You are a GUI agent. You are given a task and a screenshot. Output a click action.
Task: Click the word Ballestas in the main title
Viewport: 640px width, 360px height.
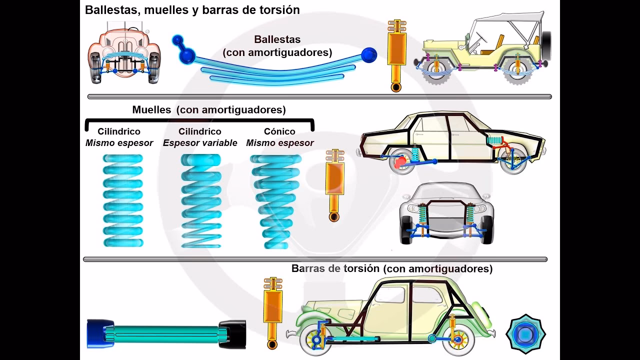coord(110,10)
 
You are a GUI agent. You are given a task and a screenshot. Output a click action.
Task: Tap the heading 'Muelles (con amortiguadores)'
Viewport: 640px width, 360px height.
coord(209,110)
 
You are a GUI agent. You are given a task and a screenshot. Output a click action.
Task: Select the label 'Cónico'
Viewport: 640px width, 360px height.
coord(279,131)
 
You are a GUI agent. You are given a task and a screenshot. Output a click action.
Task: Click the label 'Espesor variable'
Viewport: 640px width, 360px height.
coord(200,143)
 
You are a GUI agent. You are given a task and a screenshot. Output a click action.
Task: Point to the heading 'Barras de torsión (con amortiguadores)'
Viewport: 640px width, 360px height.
coord(391,269)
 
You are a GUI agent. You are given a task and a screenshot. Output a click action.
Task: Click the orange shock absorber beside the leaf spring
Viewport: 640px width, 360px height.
coord(396,55)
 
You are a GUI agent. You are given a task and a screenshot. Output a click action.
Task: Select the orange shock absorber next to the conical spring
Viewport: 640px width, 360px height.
coord(334,185)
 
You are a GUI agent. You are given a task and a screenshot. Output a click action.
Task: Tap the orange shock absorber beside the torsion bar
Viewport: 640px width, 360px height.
coord(272,312)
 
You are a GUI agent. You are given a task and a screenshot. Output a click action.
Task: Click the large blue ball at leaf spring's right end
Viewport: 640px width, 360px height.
coord(369,55)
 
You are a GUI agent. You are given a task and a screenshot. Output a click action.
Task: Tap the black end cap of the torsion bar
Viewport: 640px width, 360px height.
coord(232,333)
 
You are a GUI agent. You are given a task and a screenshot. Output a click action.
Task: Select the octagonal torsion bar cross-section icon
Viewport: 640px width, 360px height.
coord(525,333)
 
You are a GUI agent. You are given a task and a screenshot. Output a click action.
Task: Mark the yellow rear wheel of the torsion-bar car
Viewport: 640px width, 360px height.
coord(457,340)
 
